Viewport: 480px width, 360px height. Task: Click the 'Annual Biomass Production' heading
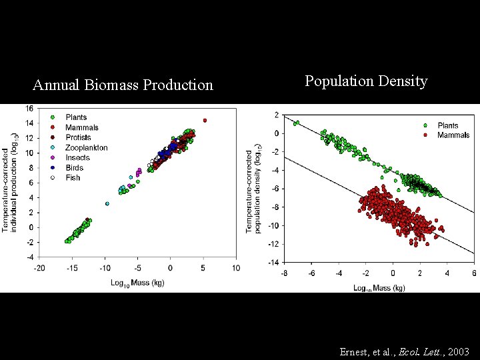click(123, 85)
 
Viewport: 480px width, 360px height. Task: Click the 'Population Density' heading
click(366, 81)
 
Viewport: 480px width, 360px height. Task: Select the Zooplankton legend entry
click(86, 147)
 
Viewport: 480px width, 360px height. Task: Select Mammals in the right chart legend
click(453, 135)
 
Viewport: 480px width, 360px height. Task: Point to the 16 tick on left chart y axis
click(31, 109)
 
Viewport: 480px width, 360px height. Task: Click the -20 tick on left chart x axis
click(39, 268)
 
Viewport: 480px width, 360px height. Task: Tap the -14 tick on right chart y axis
click(273, 263)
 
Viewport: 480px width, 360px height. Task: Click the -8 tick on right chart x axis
click(285, 273)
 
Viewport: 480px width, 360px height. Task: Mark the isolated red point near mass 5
click(205, 121)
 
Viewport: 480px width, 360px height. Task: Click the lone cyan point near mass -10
click(107, 204)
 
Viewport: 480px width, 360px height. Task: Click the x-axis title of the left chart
click(137, 283)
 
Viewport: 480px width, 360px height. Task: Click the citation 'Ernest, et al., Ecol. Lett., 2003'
click(404, 351)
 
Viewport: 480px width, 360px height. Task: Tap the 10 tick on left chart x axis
click(235, 268)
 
